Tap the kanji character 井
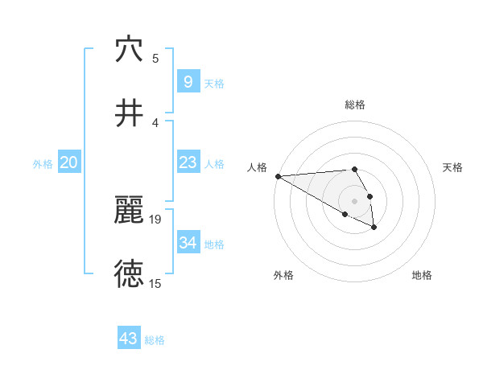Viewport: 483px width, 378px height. coord(129,113)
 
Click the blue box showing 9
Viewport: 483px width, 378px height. coord(188,82)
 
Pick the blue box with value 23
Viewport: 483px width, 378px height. coord(188,162)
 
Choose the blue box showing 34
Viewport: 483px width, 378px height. coord(188,243)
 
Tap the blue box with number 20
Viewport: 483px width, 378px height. coord(69,162)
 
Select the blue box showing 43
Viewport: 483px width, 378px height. coord(129,339)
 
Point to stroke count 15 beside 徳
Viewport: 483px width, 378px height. coord(155,283)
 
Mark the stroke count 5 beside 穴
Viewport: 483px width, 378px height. coord(155,58)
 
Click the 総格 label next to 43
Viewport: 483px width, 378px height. coord(155,340)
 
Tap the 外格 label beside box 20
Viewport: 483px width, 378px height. coord(43,163)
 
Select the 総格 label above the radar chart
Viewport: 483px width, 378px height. coord(355,105)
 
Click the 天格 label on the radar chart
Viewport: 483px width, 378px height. coord(453,167)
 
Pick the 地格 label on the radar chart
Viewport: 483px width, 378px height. coord(422,275)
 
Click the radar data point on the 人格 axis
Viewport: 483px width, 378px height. coord(278,175)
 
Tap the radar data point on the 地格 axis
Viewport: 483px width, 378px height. coord(374,228)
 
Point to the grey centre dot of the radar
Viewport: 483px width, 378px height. coord(355,200)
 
